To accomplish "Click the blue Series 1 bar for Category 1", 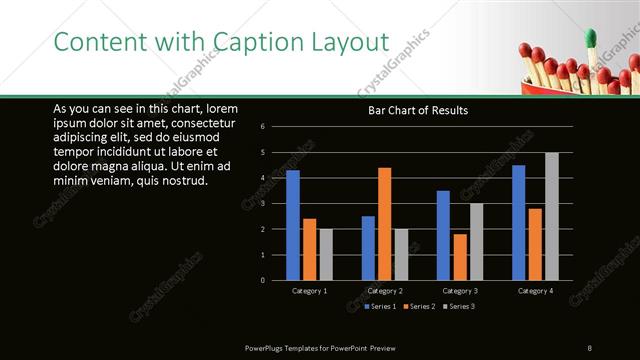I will (x=293, y=225).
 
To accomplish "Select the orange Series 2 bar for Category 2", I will (x=384, y=224).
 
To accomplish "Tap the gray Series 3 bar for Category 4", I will (x=551, y=216).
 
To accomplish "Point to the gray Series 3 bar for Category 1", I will (x=325, y=254).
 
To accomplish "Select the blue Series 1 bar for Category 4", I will (x=519, y=222).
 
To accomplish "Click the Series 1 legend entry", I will (x=382, y=305).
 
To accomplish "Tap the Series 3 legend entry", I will (x=459, y=305).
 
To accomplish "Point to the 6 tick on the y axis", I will (x=262, y=127).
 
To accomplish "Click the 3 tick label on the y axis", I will (x=262, y=204).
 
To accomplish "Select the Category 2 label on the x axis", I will (x=385, y=290).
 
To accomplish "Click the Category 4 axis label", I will (x=535, y=290).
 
